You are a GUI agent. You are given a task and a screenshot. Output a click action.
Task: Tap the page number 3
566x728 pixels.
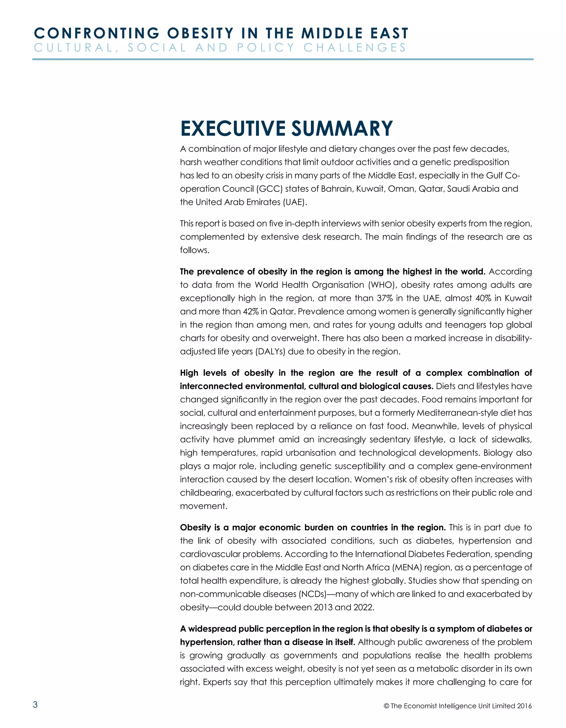pos(35,704)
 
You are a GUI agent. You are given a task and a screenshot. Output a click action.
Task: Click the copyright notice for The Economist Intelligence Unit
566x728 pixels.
pos(457,706)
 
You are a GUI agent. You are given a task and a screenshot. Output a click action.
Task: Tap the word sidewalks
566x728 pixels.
pos(511,439)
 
